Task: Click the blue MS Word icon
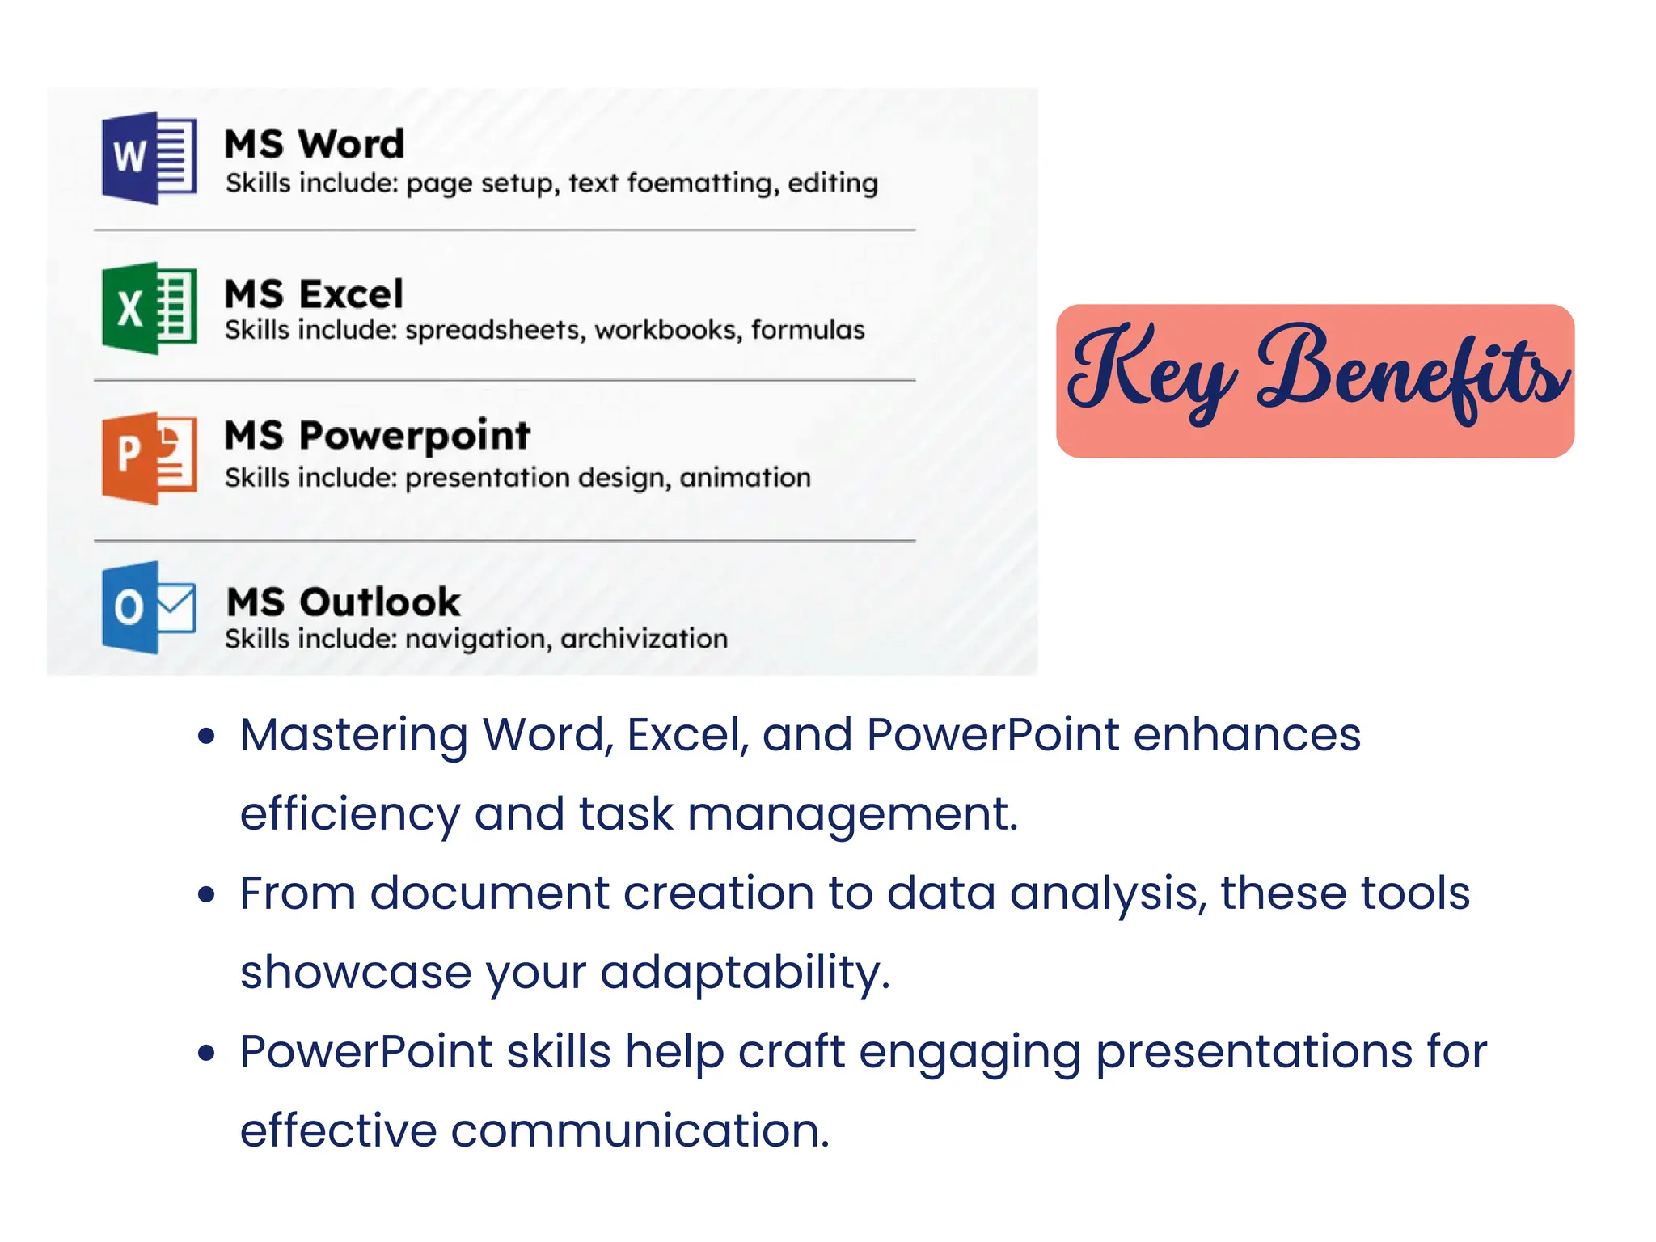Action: click(150, 158)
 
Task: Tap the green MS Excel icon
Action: click(150, 308)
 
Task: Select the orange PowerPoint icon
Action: click(150, 458)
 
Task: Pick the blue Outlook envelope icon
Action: click(150, 607)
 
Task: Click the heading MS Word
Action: click(314, 145)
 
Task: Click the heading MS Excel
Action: click(314, 294)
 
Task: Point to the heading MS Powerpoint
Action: click(377, 437)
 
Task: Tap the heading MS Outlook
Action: click(343, 602)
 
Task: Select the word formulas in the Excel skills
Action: click(808, 330)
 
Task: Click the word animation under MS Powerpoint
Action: click(745, 478)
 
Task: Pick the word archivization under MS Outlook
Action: click(644, 639)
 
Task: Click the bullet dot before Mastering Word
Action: click(207, 736)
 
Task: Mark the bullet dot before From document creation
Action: click(207, 894)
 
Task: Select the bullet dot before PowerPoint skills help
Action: click(207, 1053)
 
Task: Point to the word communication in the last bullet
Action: click(640, 1130)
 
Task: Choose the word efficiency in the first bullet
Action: click(349, 813)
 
